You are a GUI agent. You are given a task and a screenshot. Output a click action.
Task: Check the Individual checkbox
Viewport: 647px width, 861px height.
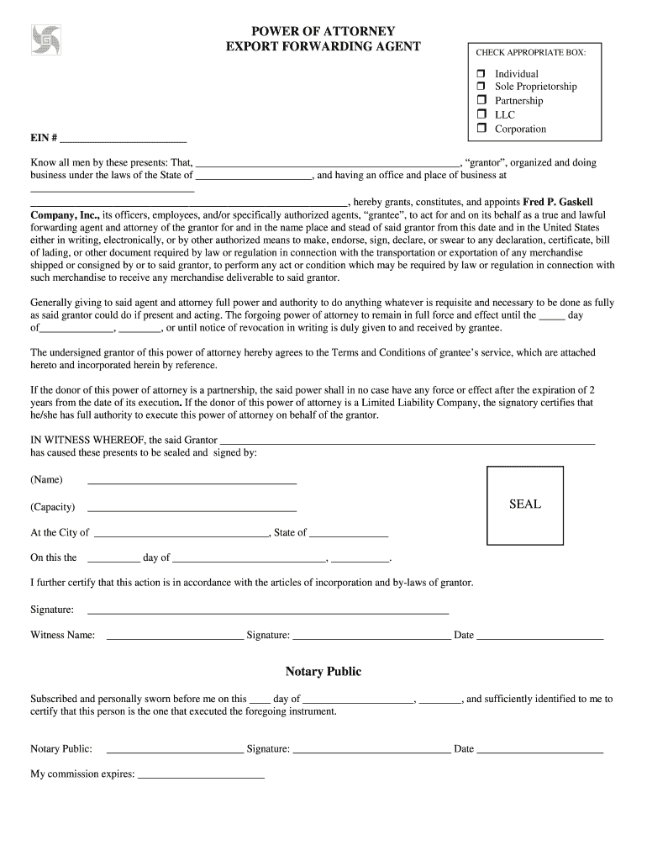482,74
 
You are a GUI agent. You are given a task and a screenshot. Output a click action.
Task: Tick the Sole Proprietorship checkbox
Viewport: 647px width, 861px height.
482,87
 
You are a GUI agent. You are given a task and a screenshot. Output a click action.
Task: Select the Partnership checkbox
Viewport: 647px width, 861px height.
482,100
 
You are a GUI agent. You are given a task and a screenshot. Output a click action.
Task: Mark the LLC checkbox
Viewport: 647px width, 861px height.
482,114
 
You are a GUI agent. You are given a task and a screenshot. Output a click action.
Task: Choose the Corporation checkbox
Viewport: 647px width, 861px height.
482,129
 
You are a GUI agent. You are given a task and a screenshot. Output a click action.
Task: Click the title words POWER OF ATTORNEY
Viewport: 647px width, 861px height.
323,30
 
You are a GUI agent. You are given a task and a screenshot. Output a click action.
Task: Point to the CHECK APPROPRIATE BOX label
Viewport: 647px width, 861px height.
531,53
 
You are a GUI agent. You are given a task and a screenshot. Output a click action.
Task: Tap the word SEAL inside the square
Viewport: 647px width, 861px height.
525,504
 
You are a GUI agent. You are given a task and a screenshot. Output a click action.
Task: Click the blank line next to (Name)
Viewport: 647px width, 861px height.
192,481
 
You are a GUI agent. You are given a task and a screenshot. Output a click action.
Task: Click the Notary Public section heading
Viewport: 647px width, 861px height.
323,671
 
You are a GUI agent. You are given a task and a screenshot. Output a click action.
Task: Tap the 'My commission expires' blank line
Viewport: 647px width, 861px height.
201,775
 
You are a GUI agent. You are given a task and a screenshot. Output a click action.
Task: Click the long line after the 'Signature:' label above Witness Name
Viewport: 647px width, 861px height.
268,610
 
